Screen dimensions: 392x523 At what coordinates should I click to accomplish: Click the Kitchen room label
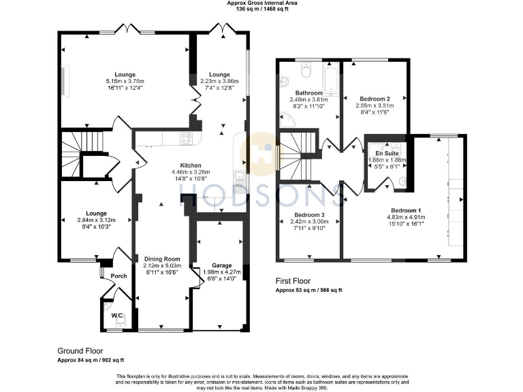(x=191, y=165)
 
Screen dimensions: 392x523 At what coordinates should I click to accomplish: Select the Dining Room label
(x=161, y=259)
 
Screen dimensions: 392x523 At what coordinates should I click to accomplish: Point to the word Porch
(x=119, y=276)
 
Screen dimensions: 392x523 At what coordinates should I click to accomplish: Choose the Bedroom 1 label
(x=406, y=210)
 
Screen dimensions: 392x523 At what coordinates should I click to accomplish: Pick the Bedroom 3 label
(x=308, y=214)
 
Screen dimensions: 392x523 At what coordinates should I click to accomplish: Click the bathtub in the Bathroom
(x=330, y=78)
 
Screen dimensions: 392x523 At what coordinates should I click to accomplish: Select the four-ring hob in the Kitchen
(x=185, y=138)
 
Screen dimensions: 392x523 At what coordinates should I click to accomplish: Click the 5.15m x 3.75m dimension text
(x=125, y=81)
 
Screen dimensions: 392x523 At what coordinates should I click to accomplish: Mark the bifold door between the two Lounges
(x=195, y=103)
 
